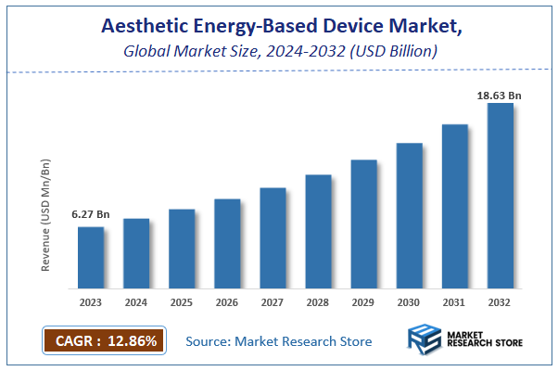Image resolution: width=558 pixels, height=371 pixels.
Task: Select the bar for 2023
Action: click(90, 257)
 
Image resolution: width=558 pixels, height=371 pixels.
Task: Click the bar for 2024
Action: click(135, 252)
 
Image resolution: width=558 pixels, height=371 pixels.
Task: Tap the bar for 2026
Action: click(227, 243)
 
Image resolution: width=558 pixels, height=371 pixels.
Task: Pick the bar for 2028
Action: click(318, 231)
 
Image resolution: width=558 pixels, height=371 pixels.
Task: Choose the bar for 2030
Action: click(409, 215)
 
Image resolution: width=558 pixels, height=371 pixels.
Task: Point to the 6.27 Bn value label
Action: click(90, 215)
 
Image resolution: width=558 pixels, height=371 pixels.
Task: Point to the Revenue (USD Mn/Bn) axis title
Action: click(45, 215)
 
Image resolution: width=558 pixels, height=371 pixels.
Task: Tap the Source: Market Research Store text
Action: click(278, 341)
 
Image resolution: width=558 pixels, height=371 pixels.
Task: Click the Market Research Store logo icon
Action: click(424, 340)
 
